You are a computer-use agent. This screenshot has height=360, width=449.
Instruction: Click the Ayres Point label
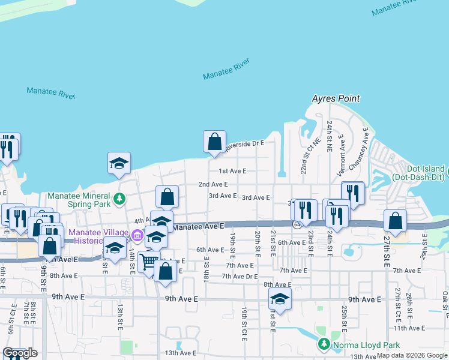pyautogui.click(x=336, y=98)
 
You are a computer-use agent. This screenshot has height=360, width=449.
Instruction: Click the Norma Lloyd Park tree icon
pyautogui.click(x=324, y=344)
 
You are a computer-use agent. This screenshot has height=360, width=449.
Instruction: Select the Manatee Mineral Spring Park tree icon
pyautogui.click(x=119, y=198)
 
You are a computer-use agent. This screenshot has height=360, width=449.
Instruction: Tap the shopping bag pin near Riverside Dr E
pyautogui.click(x=214, y=142)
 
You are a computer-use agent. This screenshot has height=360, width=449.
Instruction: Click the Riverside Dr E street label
pyautogui.click(x=244, y=143)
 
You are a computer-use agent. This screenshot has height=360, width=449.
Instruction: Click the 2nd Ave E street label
pyautogui.click(x=213, y=184)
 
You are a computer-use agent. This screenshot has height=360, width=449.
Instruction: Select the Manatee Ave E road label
pyautogui.click(x=198, y=226)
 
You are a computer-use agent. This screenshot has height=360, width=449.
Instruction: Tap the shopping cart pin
pyautogui.click(x=148, y=261)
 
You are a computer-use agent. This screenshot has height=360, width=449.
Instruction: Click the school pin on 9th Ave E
pyautogui.click(x=280, y=298)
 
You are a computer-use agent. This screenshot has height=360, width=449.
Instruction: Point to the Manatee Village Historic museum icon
pyautogui.click(x=137, y=235)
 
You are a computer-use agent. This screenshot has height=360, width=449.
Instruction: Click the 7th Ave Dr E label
pyautogui.click(x=240, y=276)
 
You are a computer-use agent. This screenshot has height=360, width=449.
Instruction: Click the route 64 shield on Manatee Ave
pyautogui.click(x=297, y=224)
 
